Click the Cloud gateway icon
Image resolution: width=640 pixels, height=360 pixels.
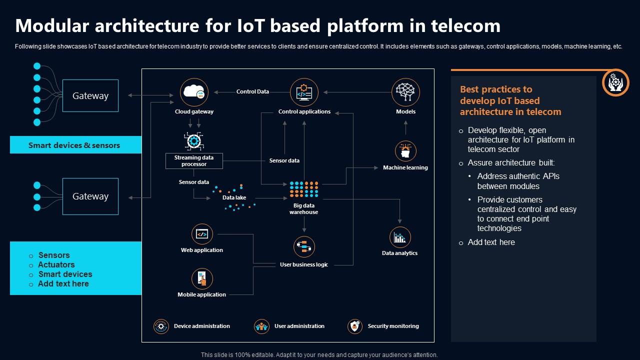194,92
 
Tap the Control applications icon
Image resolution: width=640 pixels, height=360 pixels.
304,92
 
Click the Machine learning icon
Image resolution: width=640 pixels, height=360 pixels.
405,150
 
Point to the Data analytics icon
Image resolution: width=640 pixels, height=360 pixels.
399,237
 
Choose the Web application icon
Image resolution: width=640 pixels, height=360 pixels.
202,234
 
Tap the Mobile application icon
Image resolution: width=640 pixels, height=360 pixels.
202,278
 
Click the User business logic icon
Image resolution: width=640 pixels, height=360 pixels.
304,247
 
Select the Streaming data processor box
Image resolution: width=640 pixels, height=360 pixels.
194,161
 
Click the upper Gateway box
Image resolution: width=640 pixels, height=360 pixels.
90,95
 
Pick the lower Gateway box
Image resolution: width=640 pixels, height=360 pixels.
90,196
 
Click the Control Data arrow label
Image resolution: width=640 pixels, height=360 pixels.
252,92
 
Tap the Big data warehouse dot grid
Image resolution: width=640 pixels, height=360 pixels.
304,189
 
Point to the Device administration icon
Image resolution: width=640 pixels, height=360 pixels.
161,326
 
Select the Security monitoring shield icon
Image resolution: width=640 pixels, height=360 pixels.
355,326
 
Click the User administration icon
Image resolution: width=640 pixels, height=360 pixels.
261,326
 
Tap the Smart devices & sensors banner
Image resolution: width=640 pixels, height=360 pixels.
75,145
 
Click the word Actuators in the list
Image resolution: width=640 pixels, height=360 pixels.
56,265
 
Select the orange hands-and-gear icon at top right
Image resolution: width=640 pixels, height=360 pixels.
615,82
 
